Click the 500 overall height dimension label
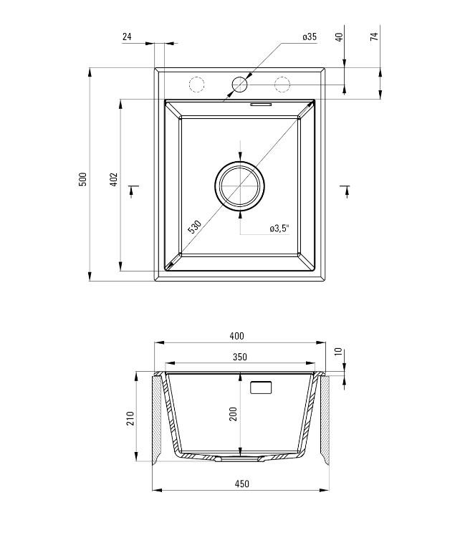(82, 179)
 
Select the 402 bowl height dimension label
(113, 179)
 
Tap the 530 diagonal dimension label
(194, 227)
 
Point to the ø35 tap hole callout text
(310, 37)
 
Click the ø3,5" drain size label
(279, 229)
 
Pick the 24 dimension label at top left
(127, 37)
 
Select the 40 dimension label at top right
(339, 37)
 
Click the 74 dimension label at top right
(375, 37)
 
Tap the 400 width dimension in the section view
(237, 336)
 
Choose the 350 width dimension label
(239, 357)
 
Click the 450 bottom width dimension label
(241, 484)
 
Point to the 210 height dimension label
(130, 418)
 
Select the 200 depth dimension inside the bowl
(233, 413)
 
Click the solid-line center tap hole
(239, 85)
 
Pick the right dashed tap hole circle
(282, 85)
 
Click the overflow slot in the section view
(260, 388)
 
